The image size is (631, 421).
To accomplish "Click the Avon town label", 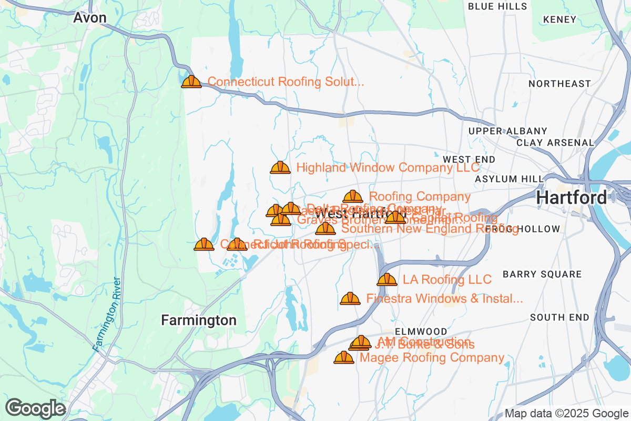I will click(x=90, y=18).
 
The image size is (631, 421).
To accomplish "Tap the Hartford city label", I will click(x=572, y=198).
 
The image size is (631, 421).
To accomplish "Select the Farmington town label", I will click(x=198, y=320).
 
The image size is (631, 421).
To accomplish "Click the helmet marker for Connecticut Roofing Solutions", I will click(x=191, y=82).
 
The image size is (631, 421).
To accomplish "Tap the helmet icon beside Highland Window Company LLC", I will click(x=280, y=168).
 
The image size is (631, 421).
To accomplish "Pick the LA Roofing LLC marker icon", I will click(x=387, y=279).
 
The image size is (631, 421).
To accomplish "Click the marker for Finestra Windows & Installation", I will click(x=350, y=299).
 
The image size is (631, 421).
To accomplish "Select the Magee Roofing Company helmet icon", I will click(x=344, y=358).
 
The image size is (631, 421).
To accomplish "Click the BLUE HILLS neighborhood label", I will click(x=497, y=6).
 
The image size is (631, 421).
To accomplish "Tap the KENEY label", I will click(x=560, y=19).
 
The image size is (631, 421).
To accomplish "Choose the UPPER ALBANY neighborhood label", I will click(x=507, y=131).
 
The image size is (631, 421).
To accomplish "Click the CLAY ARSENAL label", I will click(x=555, y=143).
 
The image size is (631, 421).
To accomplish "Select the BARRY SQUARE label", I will click(x=542, y=274).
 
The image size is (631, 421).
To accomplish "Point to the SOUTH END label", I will click(x=559, y=317).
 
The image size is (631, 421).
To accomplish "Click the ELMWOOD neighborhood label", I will click(x=421, y=332).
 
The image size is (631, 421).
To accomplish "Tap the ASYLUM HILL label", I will click(x=508, y=179).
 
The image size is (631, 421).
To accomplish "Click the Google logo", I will click(x=36, y=408).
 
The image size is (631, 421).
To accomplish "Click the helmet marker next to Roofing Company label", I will click(x=353, y=197).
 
